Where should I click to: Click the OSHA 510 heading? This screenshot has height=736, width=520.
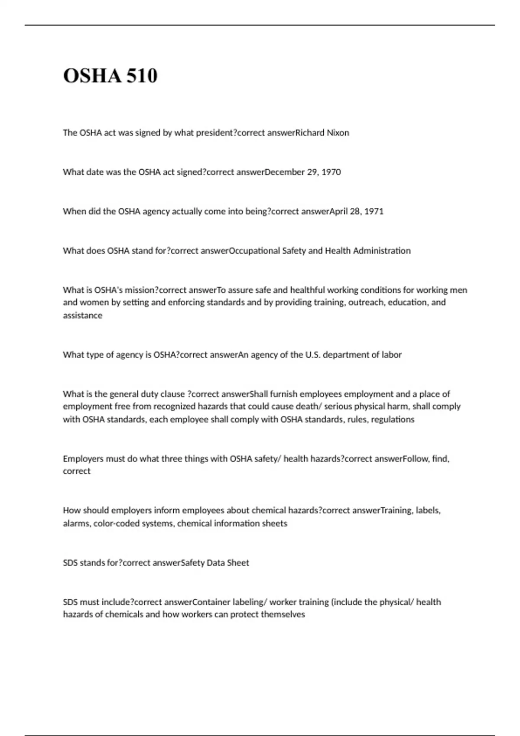click(x=110, y=76)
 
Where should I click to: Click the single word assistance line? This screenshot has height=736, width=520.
click(x=83, y=316)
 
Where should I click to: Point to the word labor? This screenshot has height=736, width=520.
click(x=391, y=355)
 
